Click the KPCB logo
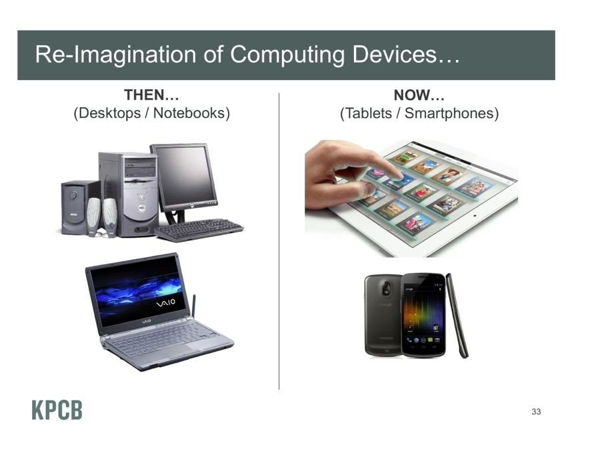tap(57, 410)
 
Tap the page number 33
tap(536, 412)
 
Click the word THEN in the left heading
tap(144, 95)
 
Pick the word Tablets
tap(369, 113)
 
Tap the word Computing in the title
tap(287, 54)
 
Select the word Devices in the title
tap(394, 53)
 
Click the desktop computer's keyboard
tap(199, 229)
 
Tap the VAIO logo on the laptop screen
tap(166, 303)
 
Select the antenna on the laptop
tap(193, 306)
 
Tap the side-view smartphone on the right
tap(457, 315)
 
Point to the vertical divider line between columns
tap(279, 241)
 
